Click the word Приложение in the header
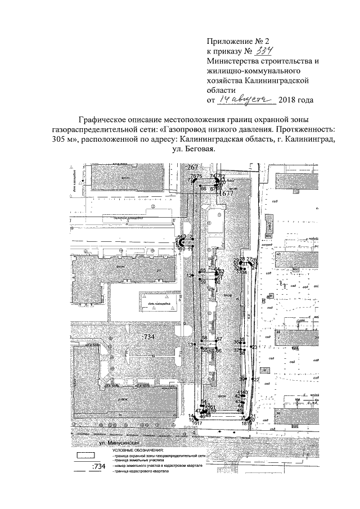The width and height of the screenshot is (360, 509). (x=229, y=41)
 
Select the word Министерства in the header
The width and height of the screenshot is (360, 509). (x=235, y=61)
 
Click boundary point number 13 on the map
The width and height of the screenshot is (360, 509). (x=191, y=345)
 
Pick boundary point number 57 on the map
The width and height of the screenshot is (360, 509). (x=220, y=339)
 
